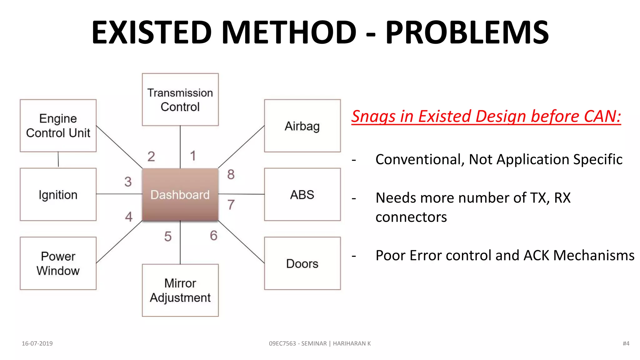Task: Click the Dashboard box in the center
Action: pos(180,194)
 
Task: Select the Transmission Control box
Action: pos(180,100)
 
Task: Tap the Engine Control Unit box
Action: pos(58,126)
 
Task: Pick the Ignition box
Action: pos(58,194)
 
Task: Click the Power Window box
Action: pos(58,263)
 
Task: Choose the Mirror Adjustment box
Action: pos(180,290)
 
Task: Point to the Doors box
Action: pos(302,263)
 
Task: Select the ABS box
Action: pos(302,194)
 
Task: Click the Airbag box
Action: pos(302,126)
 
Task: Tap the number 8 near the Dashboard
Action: pos(231,174)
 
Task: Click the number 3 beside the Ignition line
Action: pos(128,182)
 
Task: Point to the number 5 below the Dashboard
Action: pos(168,237)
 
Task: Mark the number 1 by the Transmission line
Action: pos(193,156)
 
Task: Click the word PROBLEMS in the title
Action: pos(467,32)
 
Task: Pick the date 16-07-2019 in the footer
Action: pos(37,343)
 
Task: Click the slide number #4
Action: pos(626,343)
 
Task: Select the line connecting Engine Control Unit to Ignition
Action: pos(58,160)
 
